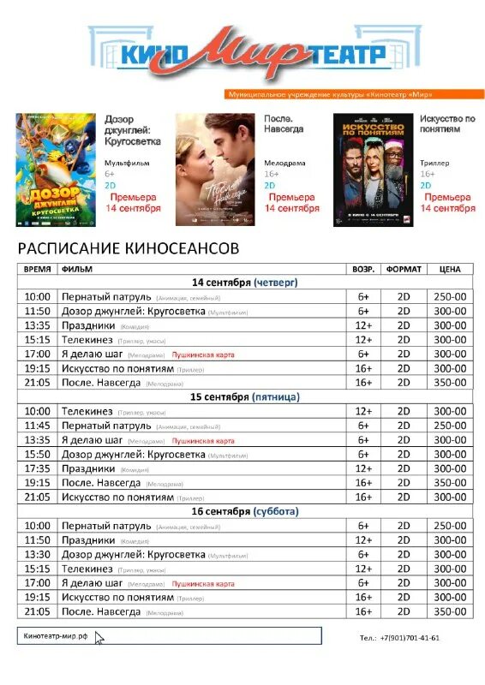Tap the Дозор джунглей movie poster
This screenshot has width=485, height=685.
[x=55, y=170]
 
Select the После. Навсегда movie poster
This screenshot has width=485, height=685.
[x=214, y=170]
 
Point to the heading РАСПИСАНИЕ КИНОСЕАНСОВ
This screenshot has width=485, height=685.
[x=129, y=248]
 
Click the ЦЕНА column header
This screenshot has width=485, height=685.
[x=449, y=269]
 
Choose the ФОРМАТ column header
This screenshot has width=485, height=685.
[x=404, y=269]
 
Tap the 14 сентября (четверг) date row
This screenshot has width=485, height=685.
[x=245, y=282]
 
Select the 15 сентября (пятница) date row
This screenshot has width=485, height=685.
[x=245, y=397]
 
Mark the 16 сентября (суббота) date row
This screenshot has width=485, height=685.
[x=245, y=511]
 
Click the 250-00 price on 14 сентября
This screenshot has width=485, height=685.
[x=449, y=296]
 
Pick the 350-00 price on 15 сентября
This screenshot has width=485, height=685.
[x=449, y=483]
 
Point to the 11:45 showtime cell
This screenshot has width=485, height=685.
[x=38, y=426]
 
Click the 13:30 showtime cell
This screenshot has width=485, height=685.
[x=38, y=554]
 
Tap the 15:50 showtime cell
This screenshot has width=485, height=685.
[x=38, y=454]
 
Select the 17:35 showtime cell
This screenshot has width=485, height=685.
[x=38, y=468]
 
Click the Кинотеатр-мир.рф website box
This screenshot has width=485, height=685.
[x=170, y=635]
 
